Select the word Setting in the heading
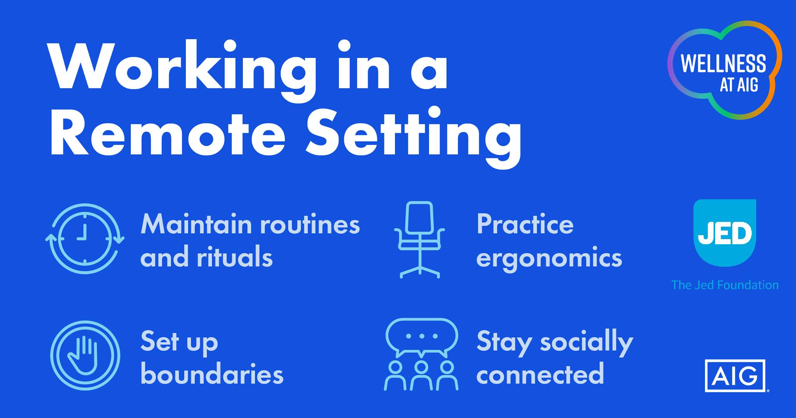pos(414,138)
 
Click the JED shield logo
pos(725,233)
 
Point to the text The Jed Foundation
pos(725,285)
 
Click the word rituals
pos(235,257)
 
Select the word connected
pos(540,374)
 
